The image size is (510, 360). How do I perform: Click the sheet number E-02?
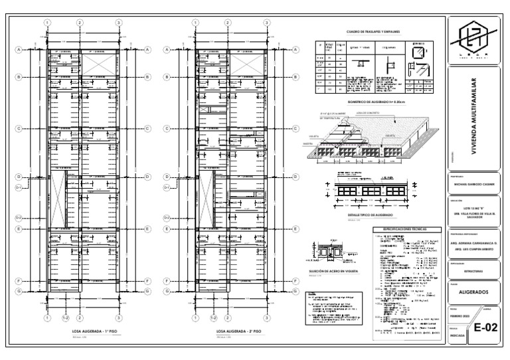(485, 327)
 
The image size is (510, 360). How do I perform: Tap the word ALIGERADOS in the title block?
(473, 292)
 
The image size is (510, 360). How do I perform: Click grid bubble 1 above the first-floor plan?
(48, 23)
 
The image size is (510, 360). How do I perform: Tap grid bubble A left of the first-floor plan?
(19, 49)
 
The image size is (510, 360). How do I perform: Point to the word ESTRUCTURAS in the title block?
(473, 271)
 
